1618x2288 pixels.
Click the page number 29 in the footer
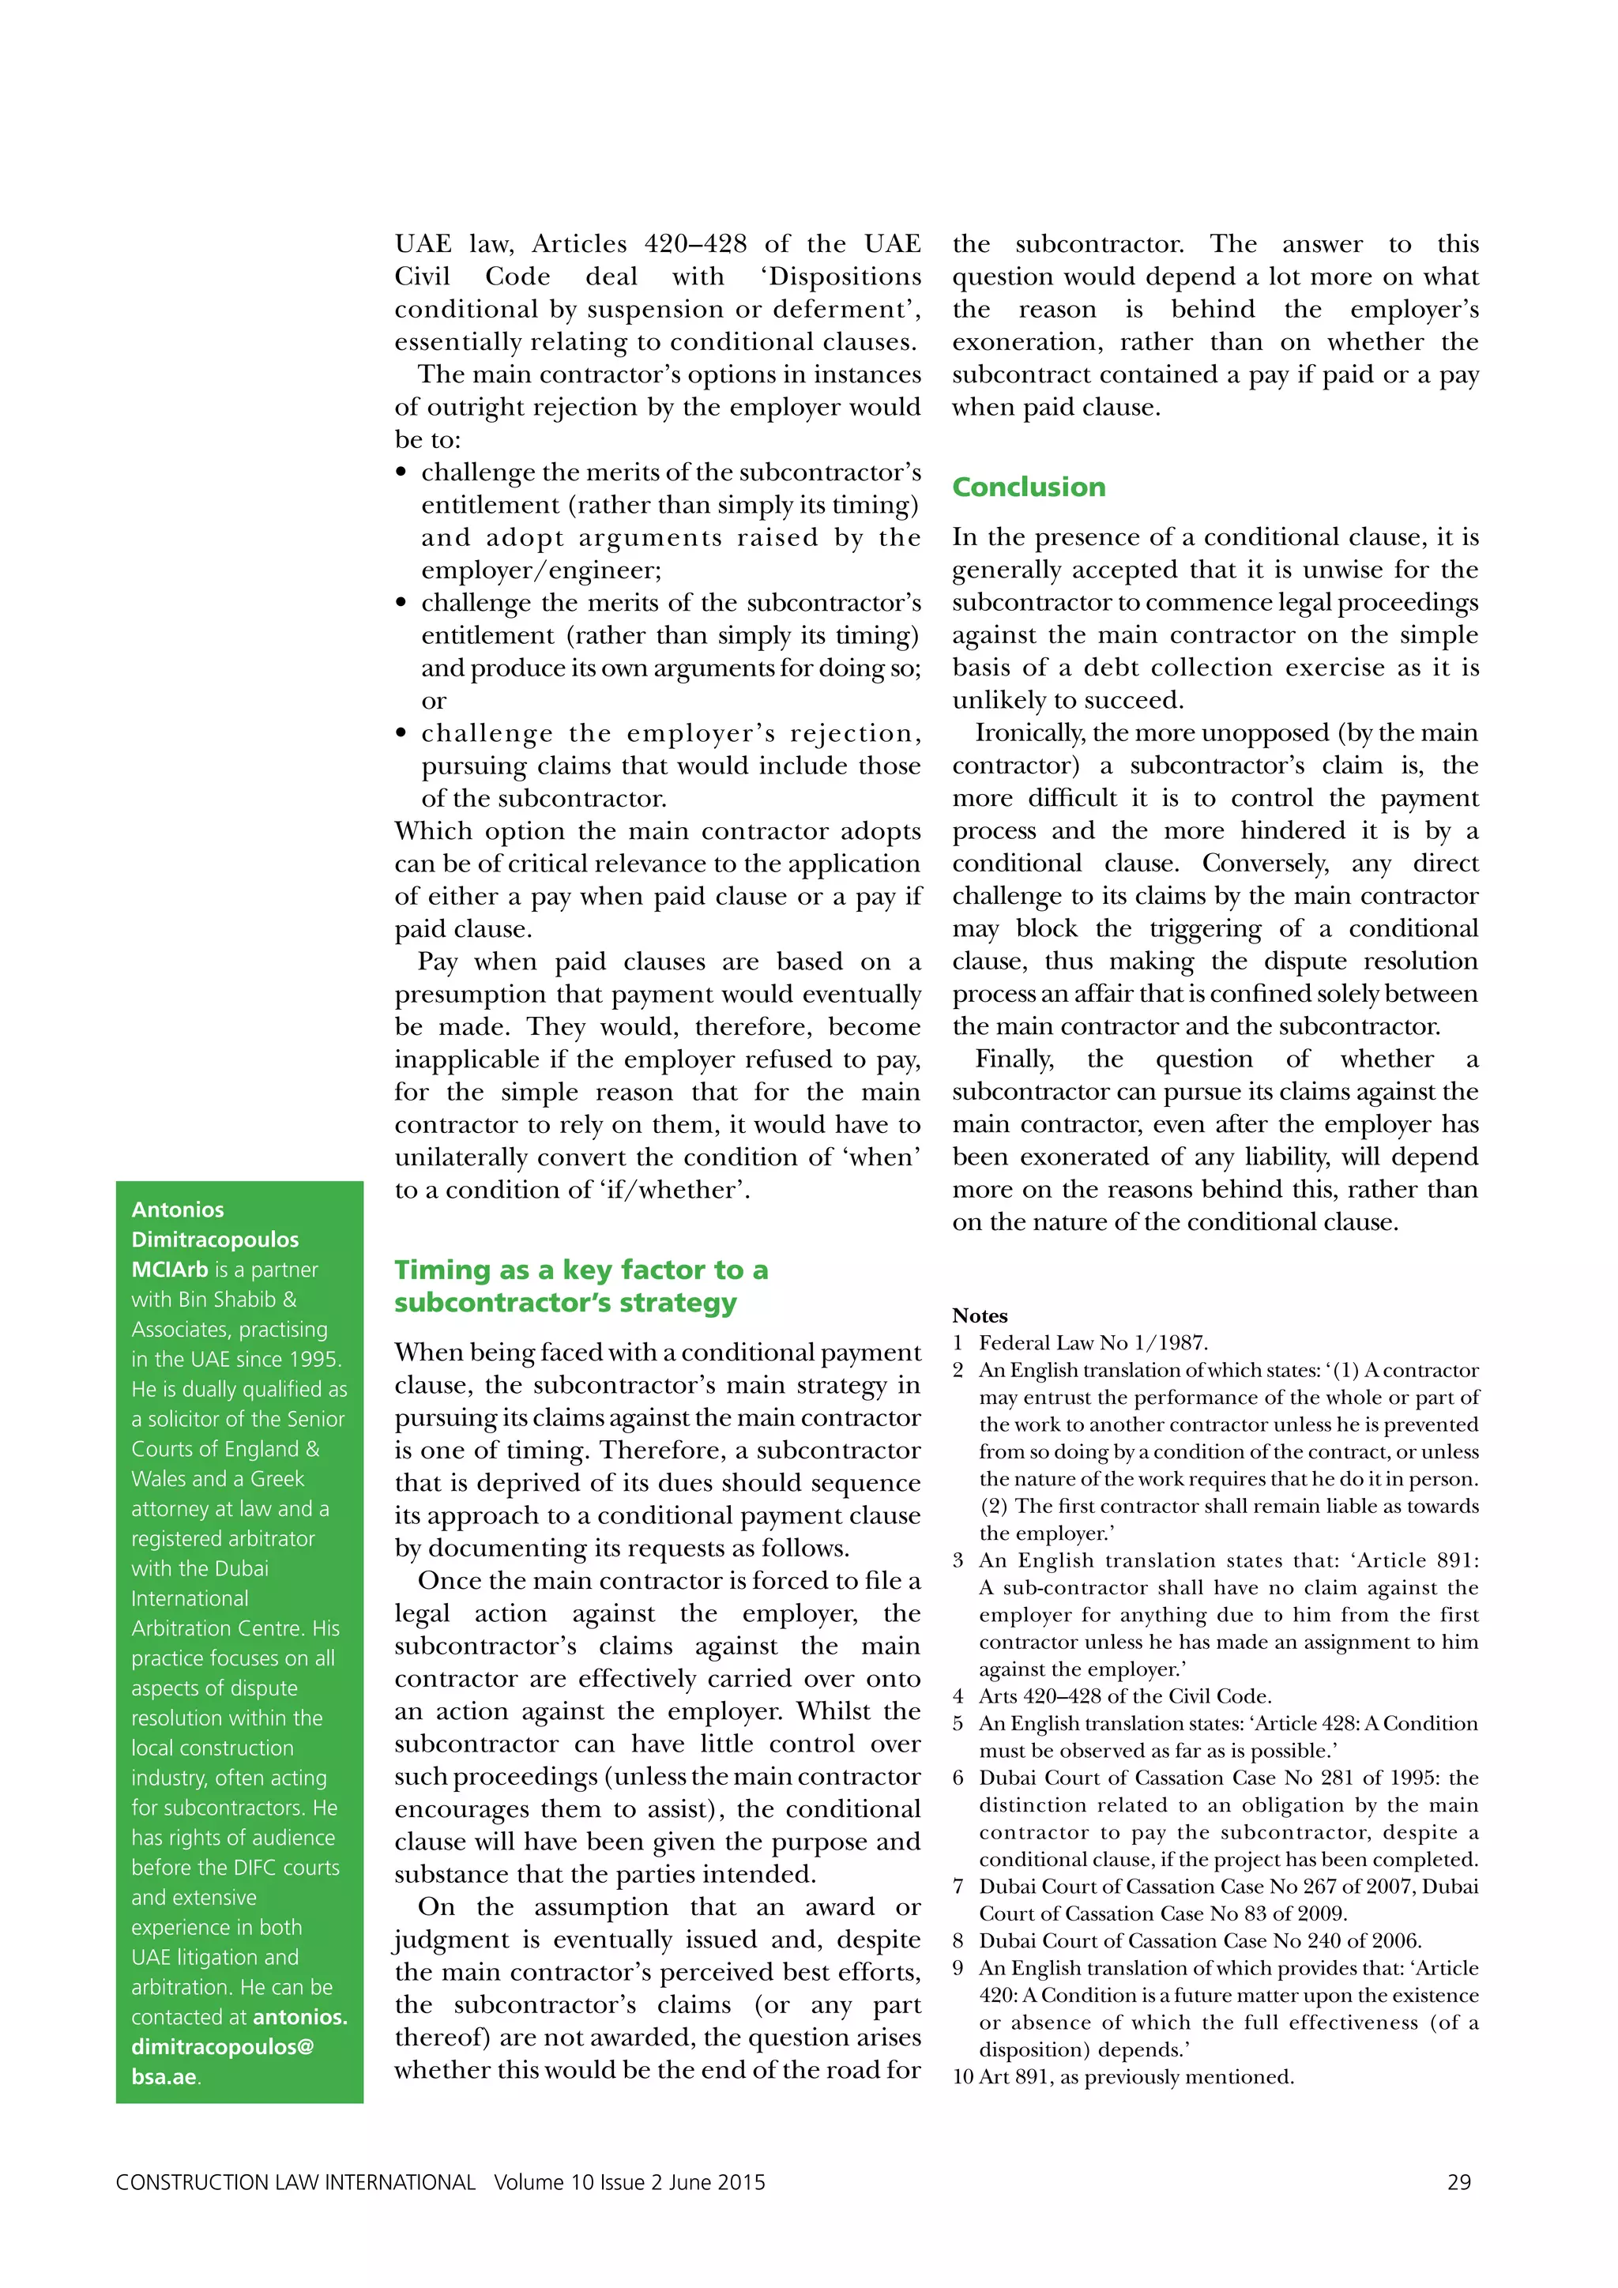tap(1458, 2182)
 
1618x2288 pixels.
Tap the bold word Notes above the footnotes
tap(980, 1315)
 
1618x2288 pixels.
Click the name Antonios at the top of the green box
tap(177, 1209)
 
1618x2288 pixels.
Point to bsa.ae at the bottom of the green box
tap(164, 2077)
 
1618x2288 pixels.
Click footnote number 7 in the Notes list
tap(958, 1887)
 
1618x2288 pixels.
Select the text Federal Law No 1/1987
tap(1093, 1342)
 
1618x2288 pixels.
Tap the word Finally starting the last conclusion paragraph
tap(1014, 1059)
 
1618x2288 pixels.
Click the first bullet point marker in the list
tap(401, 472)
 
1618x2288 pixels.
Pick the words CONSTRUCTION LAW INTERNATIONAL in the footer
tap(295, 2182)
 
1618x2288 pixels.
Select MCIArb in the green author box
tap(169, 1270)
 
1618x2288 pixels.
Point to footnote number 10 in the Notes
tap(962, 2077)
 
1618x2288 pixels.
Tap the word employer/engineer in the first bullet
tap(541, 570)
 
